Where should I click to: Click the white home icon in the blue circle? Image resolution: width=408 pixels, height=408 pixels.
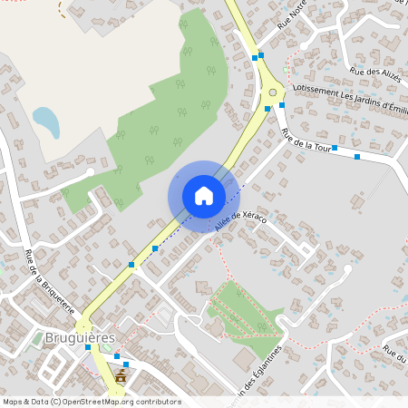click(x=204, y=196)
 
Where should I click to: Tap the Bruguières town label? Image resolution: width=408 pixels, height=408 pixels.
click(x=80, y=337)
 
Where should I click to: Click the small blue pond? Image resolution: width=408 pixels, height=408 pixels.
click(x=46, y=121)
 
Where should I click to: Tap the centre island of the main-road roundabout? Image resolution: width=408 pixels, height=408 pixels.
click(x=273, y=92)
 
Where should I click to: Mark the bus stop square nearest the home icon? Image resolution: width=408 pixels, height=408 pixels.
click(x=155, y=248)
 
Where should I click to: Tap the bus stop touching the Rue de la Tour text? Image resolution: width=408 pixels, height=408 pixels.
click(x=335, y=147)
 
